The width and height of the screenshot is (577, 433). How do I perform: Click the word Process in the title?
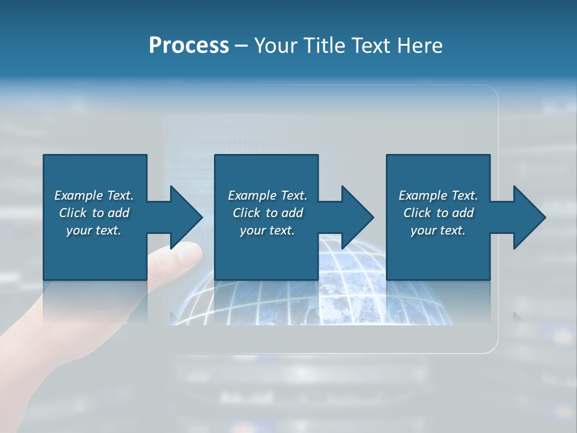point(189,46)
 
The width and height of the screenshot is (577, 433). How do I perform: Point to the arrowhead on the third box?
point(528,217)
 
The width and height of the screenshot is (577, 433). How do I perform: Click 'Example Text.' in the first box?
point(94,195)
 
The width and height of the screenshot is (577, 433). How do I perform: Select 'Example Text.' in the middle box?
point(267,195)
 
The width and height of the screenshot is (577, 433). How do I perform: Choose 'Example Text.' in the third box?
point(438,195)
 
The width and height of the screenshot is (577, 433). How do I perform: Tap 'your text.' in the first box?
point(94,230)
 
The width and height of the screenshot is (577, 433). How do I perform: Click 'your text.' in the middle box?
point(267,230)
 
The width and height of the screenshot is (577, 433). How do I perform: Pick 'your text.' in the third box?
point(438,230)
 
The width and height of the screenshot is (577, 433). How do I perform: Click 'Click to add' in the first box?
point(94,213)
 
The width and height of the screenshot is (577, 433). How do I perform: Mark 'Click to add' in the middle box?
point(267,213)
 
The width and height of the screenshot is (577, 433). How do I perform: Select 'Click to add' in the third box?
point(438,213)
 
